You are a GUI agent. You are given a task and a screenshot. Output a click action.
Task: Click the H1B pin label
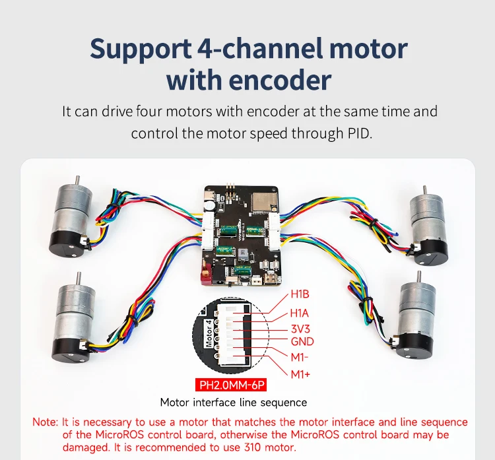pyautogui.click(x=300, y=295)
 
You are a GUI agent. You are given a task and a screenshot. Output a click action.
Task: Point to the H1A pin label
pyautogui.click(x=300, y=313)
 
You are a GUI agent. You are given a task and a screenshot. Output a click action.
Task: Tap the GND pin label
pyautogui.click(x=302, y=342)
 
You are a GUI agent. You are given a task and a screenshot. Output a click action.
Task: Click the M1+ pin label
pyautogui.click(x=301, y=375)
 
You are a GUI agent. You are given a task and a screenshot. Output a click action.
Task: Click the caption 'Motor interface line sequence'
pyautogui.click(x=233, y=402)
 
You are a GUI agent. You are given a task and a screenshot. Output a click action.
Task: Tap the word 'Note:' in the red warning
pyautogui.click(x=46, y=422)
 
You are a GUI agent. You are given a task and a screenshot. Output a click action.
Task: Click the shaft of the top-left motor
pyautogui.click(x=78, y=180)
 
